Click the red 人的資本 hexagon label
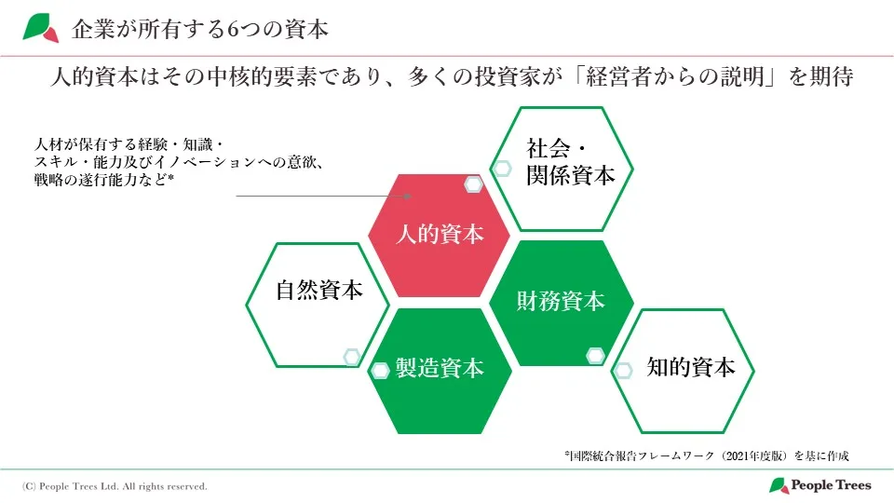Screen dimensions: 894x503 (x=440, y=234)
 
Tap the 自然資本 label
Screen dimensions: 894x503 (x=318, y=290)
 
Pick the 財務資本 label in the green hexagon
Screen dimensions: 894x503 (x=561, y=301)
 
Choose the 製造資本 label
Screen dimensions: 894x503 (x=440, y=368)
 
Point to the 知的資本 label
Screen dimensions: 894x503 (x=691, y=367)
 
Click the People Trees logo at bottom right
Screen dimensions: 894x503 (x=820, y=485)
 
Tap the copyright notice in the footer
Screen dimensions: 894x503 (x=115, y=486)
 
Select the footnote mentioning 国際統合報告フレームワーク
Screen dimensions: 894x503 (x=707, y=455)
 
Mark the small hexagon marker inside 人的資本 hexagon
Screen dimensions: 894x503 (x=473, y=184)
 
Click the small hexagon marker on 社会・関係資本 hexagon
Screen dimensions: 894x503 (x=502, y=169)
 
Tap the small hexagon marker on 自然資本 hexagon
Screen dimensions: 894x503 (x=351, y=356)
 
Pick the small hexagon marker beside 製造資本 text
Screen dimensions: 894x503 (x=380, y=371)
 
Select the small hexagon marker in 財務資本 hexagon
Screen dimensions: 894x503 (x=595, y=355)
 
